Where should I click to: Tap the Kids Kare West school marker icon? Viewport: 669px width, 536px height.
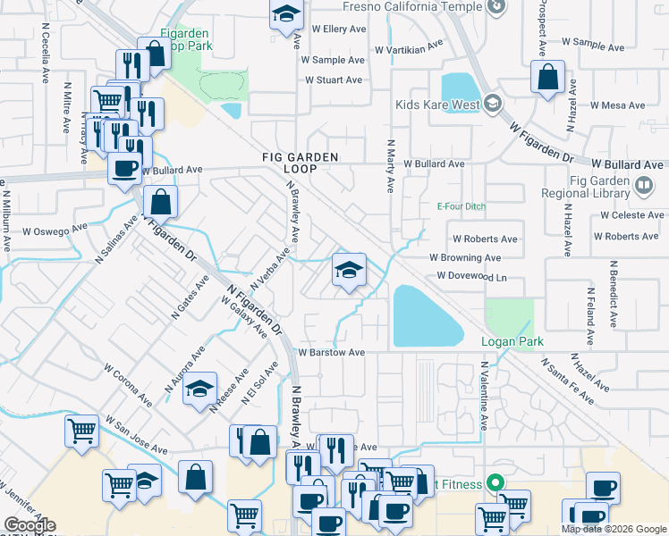[491, 105]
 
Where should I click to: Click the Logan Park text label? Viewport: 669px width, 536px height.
[512, 342]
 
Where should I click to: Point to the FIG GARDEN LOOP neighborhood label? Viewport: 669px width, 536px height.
[300, 163]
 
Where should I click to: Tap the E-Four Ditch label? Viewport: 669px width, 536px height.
[461, 206]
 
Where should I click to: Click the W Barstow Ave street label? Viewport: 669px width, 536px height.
[332, 353]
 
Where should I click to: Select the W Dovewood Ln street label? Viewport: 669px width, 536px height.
[471, 277]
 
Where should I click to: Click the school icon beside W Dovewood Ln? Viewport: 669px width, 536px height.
[349, 271]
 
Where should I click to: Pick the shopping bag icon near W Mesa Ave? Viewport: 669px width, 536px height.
[547, 77]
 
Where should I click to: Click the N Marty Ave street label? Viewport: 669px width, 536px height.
[390, 166]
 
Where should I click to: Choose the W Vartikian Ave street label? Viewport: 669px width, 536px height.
[410, 48]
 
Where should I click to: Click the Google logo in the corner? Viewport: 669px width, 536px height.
[29, 525]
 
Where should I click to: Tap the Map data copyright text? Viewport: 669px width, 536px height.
[614, 529]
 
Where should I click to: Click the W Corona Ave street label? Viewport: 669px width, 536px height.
[123, 385]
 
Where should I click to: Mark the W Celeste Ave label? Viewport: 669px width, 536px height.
[632, 215]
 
